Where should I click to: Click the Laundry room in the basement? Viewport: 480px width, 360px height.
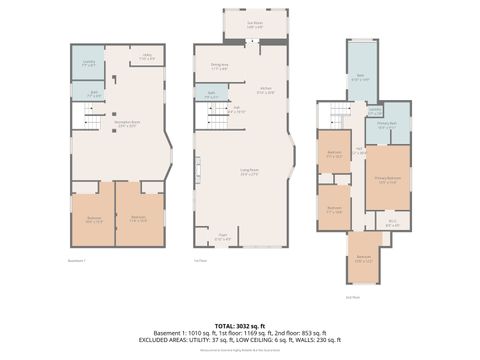pos(87,64)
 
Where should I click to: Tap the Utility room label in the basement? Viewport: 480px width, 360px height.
pos(146,58)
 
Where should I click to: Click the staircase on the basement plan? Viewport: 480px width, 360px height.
pos(92,122)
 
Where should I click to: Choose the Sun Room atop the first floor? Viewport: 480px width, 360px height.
pos(255,24)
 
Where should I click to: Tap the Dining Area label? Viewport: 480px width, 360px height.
pos(220,67)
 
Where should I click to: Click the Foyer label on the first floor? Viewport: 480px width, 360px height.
pos(223,238)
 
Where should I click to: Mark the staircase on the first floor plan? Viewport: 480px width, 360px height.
pos(219,120)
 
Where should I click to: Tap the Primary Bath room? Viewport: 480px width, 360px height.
pos(387,125)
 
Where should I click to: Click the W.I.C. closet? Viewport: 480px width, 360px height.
pos(392,223)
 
